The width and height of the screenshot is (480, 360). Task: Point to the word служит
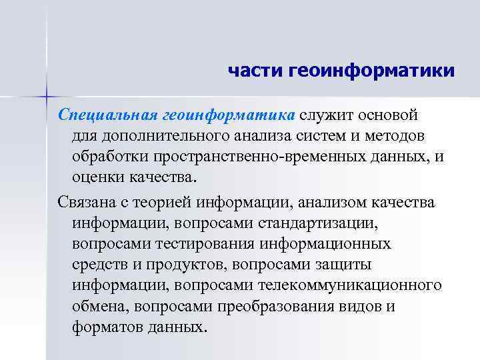tap(323, 114)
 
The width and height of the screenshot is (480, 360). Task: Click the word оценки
tap(100, 178)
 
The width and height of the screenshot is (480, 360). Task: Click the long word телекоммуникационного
tap(361, 286)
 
